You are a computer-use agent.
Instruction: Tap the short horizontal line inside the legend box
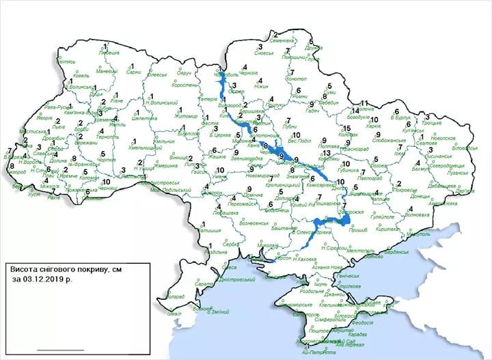(60, 350)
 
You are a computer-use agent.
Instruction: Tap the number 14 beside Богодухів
(356, 111)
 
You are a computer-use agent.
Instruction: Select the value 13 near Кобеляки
(327, 154)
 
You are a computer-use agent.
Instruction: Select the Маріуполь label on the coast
(416, 234)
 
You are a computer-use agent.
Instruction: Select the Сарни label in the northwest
(134, 72)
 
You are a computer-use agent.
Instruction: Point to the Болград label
(174, 296)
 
